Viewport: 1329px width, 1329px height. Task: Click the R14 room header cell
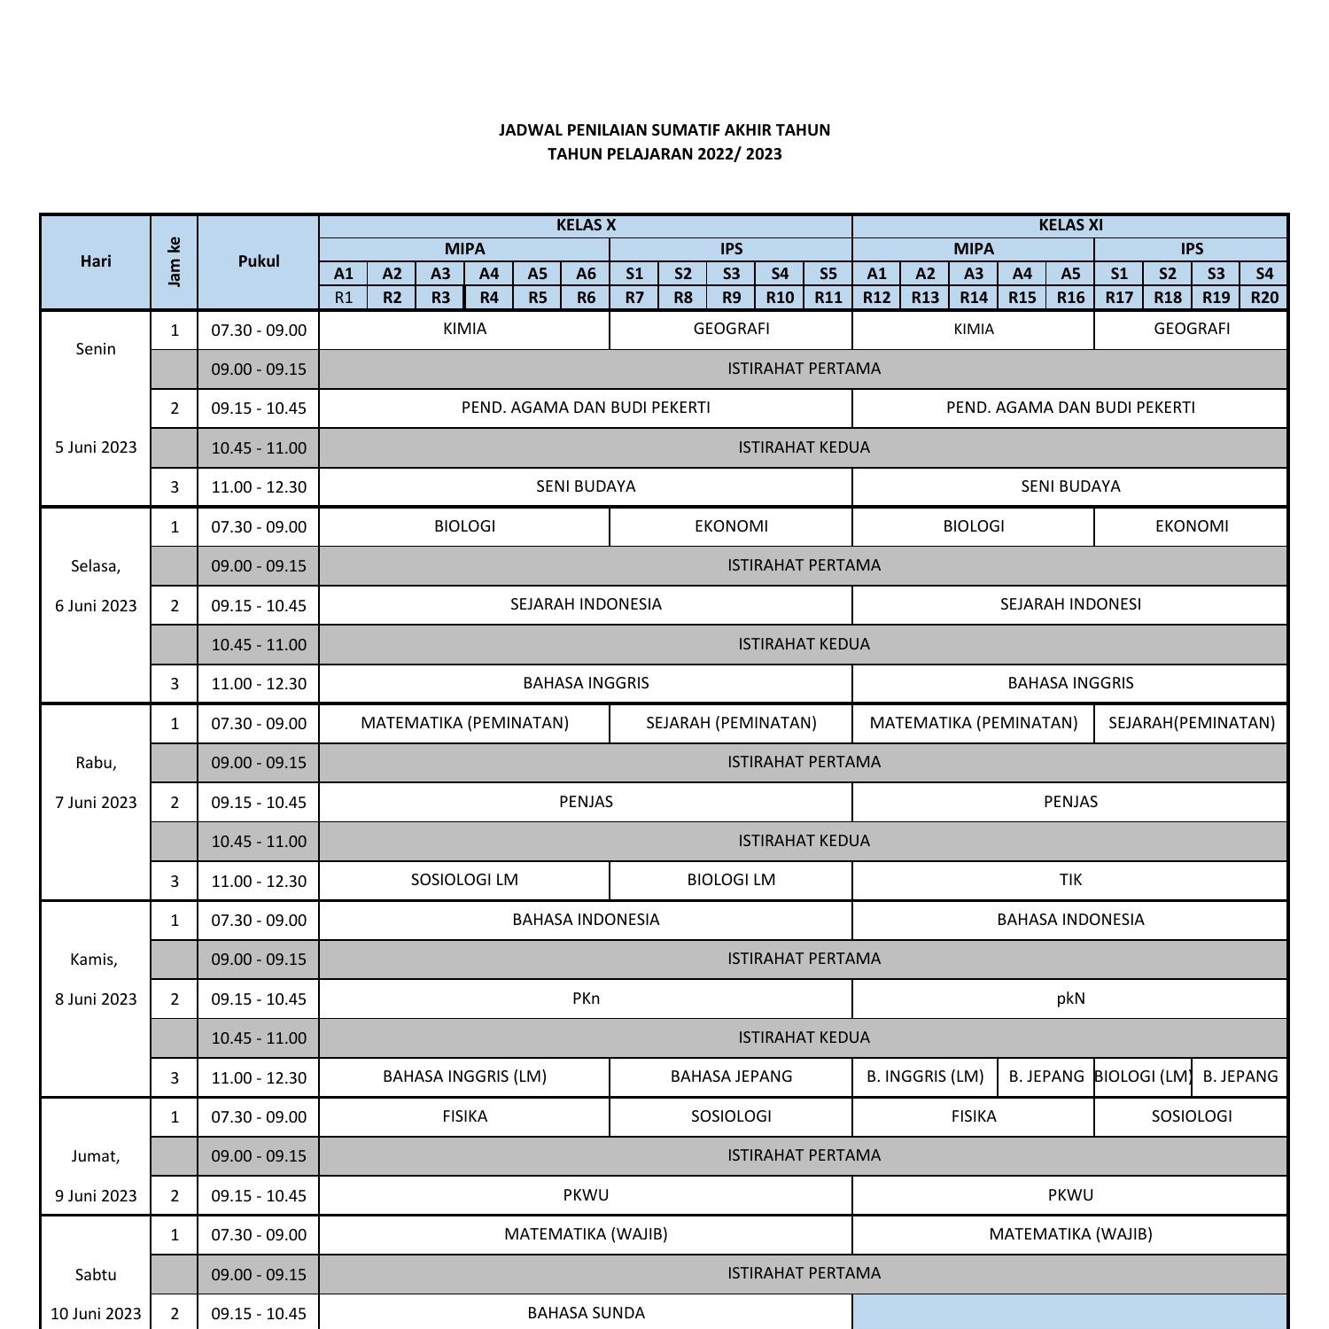coord(973,298)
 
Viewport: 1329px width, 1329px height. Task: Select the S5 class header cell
coord(828,274)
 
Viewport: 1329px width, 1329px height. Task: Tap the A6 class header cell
coord(586,274)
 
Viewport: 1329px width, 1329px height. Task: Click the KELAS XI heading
coord(1070,225)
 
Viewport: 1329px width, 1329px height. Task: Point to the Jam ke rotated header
coord(175,261)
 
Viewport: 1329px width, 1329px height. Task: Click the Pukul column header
coord(259,261)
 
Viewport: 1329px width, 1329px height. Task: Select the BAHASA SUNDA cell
coord(586,1312)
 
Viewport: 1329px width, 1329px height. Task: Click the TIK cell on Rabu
coord(1070,880)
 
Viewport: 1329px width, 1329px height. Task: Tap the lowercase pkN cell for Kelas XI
coord(1070,999)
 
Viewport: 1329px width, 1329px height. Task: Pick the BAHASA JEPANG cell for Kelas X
coord(731,1076)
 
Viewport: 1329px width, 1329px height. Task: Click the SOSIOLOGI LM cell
coord(464,880)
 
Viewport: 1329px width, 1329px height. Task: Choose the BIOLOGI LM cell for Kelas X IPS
coord(731,880)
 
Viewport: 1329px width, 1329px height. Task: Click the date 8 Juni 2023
coord(96,999)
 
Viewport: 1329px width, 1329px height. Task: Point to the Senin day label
coord(96,349)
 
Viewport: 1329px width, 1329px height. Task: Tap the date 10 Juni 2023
coord(96,1313)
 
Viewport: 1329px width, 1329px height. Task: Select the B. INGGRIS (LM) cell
coord(925,1076)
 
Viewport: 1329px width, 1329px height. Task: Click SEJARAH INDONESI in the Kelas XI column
coord(1070,604)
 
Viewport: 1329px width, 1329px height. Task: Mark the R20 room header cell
coord(1264,298)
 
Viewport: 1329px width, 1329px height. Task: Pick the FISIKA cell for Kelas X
coord(464,1116)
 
